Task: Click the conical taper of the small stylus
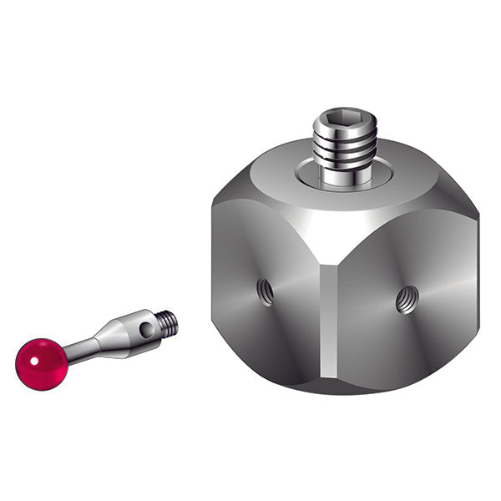[x=106, y=335]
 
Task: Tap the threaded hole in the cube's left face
[x=265, y=291]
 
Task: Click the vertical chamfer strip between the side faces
[x=326, y=326]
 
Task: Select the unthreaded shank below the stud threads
[x=345, y=173]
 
